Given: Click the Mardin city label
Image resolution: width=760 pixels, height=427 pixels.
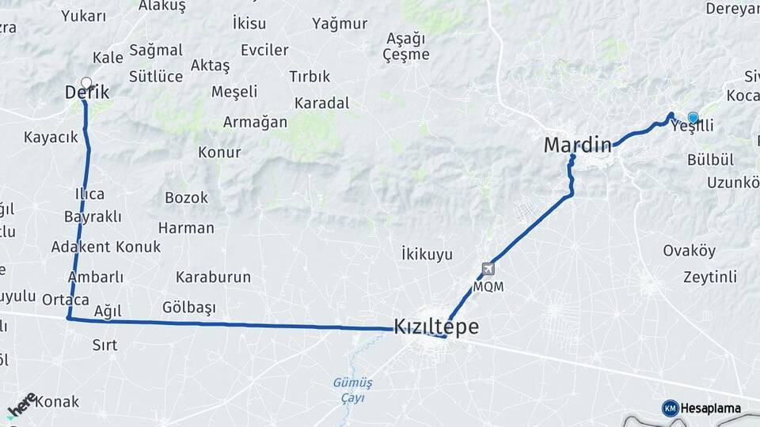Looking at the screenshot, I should (x=577, y=145).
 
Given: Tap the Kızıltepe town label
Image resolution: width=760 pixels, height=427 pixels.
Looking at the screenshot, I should (x=436, y=327).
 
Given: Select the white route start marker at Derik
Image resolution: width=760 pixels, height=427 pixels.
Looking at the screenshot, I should (x=86, y=82).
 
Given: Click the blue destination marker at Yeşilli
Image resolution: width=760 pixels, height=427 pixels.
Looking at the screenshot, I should (x=693, y=118).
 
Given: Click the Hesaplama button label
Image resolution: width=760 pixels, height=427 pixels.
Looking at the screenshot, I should (x=711, y=409).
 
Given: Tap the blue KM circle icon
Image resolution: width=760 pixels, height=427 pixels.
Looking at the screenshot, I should (x=670, y=408).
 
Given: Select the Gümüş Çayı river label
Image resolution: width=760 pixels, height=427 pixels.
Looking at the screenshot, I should (x=352, y=390).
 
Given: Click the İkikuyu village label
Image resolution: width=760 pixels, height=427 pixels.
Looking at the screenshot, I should (x=427, y=254).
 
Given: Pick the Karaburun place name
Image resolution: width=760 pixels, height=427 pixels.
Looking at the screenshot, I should (x=213, y=277).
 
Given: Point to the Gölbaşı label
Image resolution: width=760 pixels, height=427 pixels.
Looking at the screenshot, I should (x=189, y=306).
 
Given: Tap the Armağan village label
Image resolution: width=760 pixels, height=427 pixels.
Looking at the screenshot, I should (x=255, y=122).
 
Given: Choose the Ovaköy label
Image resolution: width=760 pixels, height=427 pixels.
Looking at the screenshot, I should (x=689, y=251).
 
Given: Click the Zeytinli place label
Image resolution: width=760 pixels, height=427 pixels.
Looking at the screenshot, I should (x=709, y=277).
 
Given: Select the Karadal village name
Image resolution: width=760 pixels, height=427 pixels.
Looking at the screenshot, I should (x=321, y=103).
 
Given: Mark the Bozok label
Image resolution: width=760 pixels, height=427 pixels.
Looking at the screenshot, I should (x=186, y=198).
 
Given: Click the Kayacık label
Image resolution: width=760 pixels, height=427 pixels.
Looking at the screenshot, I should (x=51, y=137).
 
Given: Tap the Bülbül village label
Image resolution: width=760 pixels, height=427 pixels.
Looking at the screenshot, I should (x=710, y=160).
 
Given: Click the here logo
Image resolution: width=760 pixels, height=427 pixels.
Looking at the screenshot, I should (x=21, y=406).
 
